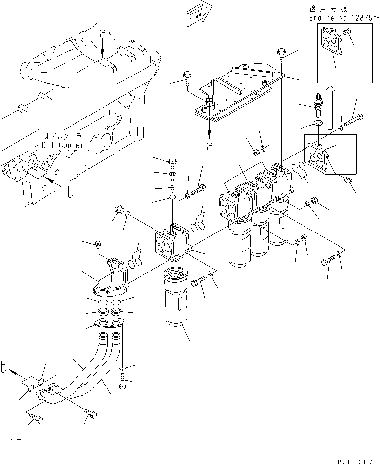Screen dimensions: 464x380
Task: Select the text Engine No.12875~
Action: point(344,17)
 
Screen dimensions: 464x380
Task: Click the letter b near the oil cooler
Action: point(70,193)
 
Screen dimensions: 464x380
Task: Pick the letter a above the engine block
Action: point(102,34)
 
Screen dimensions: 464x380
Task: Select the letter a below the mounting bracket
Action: point(210,146)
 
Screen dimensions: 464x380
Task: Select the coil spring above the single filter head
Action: point(173,187)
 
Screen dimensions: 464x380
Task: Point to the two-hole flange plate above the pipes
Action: point(109,324)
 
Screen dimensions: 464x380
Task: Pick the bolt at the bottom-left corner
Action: point(35,420)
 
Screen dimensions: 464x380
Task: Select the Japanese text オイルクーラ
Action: point(62,136)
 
